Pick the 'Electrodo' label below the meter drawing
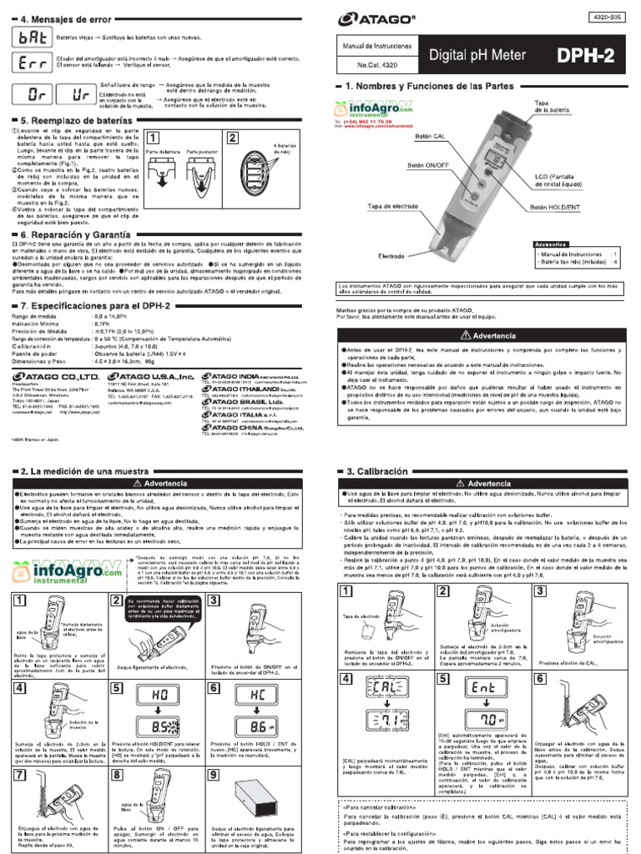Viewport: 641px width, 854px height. pos(392,255)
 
